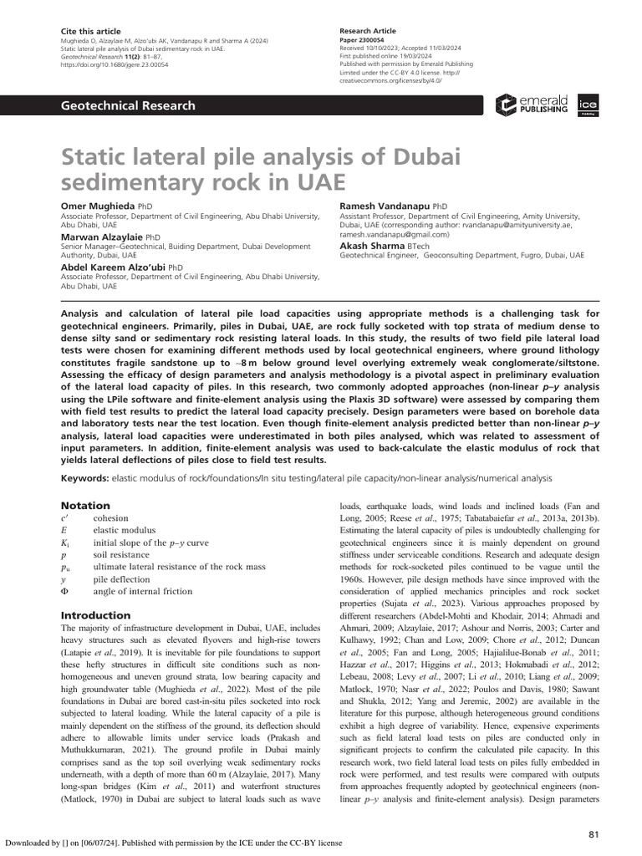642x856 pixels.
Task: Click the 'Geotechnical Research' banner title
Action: click(124, 105)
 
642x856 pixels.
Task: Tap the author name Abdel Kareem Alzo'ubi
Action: click(114, 267)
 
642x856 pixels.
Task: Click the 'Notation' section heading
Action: click(86, 506)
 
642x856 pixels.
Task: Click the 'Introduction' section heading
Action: click(96, 615)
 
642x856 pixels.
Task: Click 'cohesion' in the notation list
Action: click(112, 518)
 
